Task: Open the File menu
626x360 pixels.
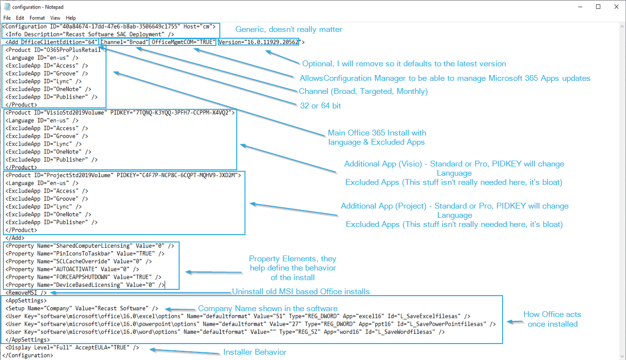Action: (7, 18)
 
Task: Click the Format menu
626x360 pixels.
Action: (37, 18)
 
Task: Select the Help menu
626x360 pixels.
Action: (71, 18)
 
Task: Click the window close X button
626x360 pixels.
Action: (615, 7)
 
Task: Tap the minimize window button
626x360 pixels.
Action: (580, 7)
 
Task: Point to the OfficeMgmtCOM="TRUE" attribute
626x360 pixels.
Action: (183, 42)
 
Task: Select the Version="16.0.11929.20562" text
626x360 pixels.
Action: (259, 42)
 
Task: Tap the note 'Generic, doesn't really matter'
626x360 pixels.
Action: (289, 30)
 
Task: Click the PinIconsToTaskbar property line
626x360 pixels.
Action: (85, 253)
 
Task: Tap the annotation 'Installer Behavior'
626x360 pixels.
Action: (255, 352)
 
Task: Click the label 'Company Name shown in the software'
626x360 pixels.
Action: (268, 309)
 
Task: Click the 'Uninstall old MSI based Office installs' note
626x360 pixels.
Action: (301, 291)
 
